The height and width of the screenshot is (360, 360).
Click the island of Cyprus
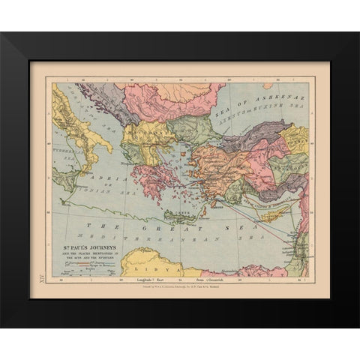click(271, 215)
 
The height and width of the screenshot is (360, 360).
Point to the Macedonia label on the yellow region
click(142, 135)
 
